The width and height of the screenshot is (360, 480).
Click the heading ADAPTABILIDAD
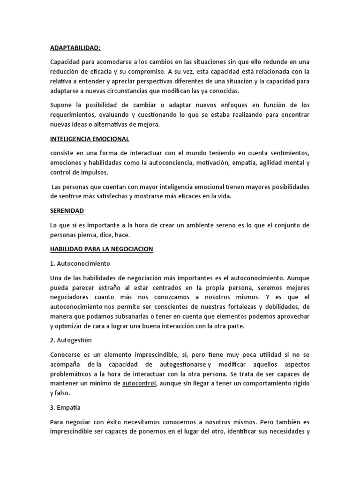pos(75,48)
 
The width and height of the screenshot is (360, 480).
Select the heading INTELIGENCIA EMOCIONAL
pos(90,139)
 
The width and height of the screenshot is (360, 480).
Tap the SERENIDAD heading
pos(67,211)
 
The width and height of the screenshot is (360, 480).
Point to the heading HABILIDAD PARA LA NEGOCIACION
pos(102,249)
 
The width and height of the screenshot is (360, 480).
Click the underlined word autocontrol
pos(138,384)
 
